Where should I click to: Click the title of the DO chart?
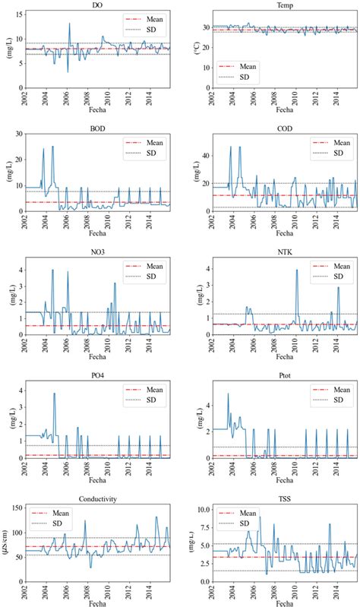[98, 6]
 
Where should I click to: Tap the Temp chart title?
[283, 6]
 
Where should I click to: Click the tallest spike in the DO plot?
[69, 24]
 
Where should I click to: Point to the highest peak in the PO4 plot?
[54, 394]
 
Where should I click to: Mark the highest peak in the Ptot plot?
[228, 394]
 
